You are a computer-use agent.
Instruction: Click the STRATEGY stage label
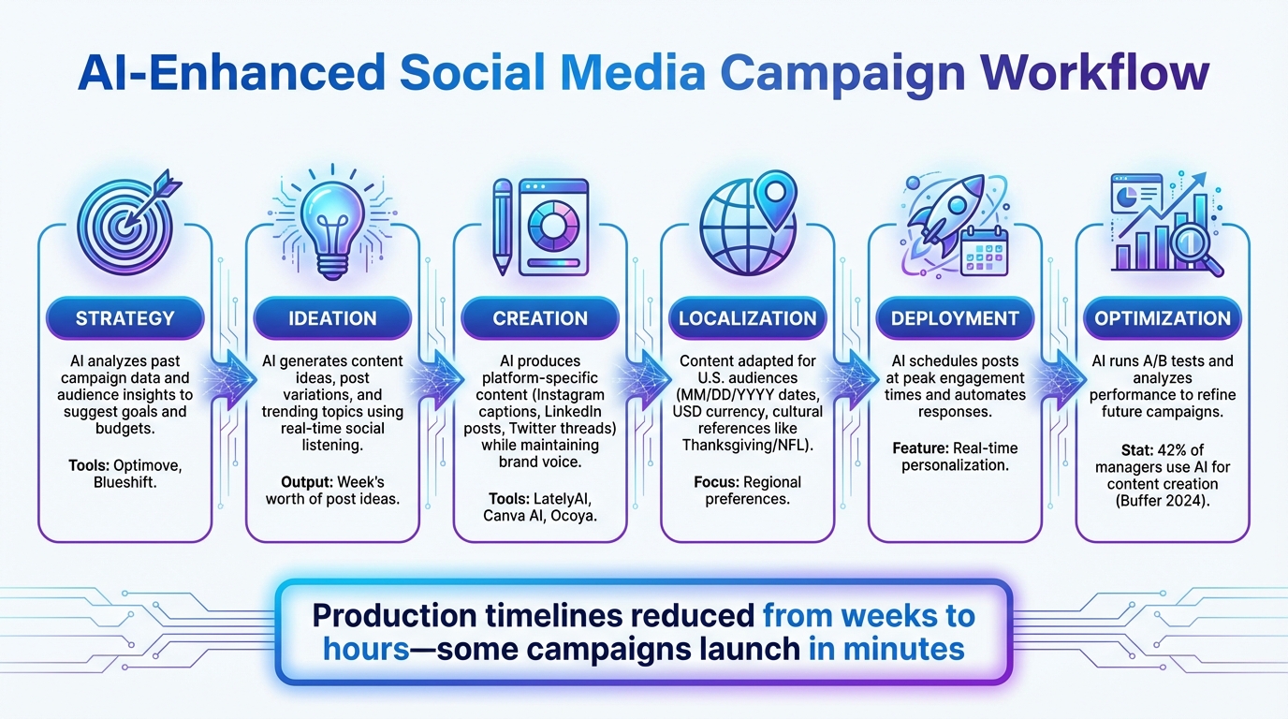pos(124,318)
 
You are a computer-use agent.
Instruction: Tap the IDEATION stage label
pos(332,318)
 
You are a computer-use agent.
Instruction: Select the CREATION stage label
pos(540,318)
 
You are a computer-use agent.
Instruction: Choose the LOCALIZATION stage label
pos(748,318)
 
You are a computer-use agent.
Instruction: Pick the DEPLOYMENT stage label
pos(955,318)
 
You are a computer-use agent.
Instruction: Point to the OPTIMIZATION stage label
pos(1163,318)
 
